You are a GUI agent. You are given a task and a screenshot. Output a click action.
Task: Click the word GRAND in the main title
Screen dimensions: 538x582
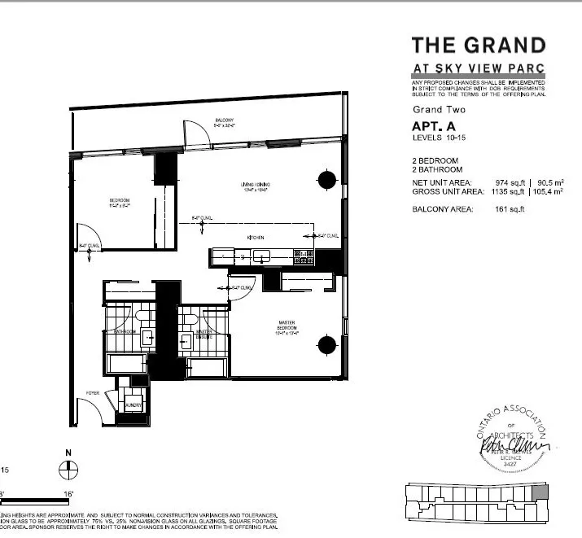(503, 46)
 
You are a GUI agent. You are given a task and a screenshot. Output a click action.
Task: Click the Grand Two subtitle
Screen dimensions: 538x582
(439, 109)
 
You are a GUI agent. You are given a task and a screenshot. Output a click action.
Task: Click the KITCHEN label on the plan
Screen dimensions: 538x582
(258, 237)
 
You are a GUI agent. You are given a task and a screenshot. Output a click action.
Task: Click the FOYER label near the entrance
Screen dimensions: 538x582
(94, 393)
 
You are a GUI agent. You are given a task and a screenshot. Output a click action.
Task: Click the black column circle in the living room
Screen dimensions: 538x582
(326, 180)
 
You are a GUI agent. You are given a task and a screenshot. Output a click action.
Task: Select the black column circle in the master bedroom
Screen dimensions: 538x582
(326, 344)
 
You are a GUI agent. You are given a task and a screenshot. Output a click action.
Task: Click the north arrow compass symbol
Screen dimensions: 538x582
(68, 468)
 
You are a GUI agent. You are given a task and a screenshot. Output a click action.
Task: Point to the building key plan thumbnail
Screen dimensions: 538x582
(479, 498)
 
